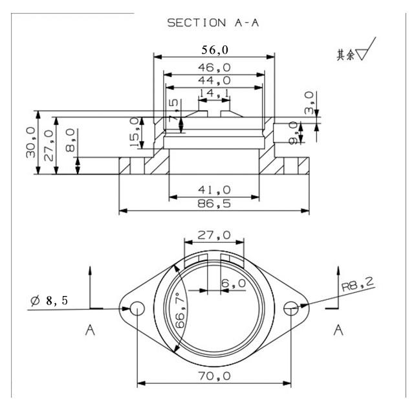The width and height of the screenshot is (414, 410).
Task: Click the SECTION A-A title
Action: coord(213,23)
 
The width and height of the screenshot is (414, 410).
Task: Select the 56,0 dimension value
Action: coord(214,49)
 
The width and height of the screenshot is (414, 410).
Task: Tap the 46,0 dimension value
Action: coord(214,67)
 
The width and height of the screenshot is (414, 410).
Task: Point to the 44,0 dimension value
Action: coord(214,80)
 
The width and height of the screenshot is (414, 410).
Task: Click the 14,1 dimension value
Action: coord(214,95)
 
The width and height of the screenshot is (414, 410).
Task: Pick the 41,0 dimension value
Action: coord(214,190)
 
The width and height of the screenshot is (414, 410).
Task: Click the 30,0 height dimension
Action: coord(30,142)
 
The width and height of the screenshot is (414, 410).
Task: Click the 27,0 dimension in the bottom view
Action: coord(214,235)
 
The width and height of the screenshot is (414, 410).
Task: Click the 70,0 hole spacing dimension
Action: coord(214,376)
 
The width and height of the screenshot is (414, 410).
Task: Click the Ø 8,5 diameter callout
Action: coord(49,301)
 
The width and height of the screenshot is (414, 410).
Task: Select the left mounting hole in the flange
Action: coord(137,309)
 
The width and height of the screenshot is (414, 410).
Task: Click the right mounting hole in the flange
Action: coord(292,309)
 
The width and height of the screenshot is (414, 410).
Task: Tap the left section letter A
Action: coord(90,331)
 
